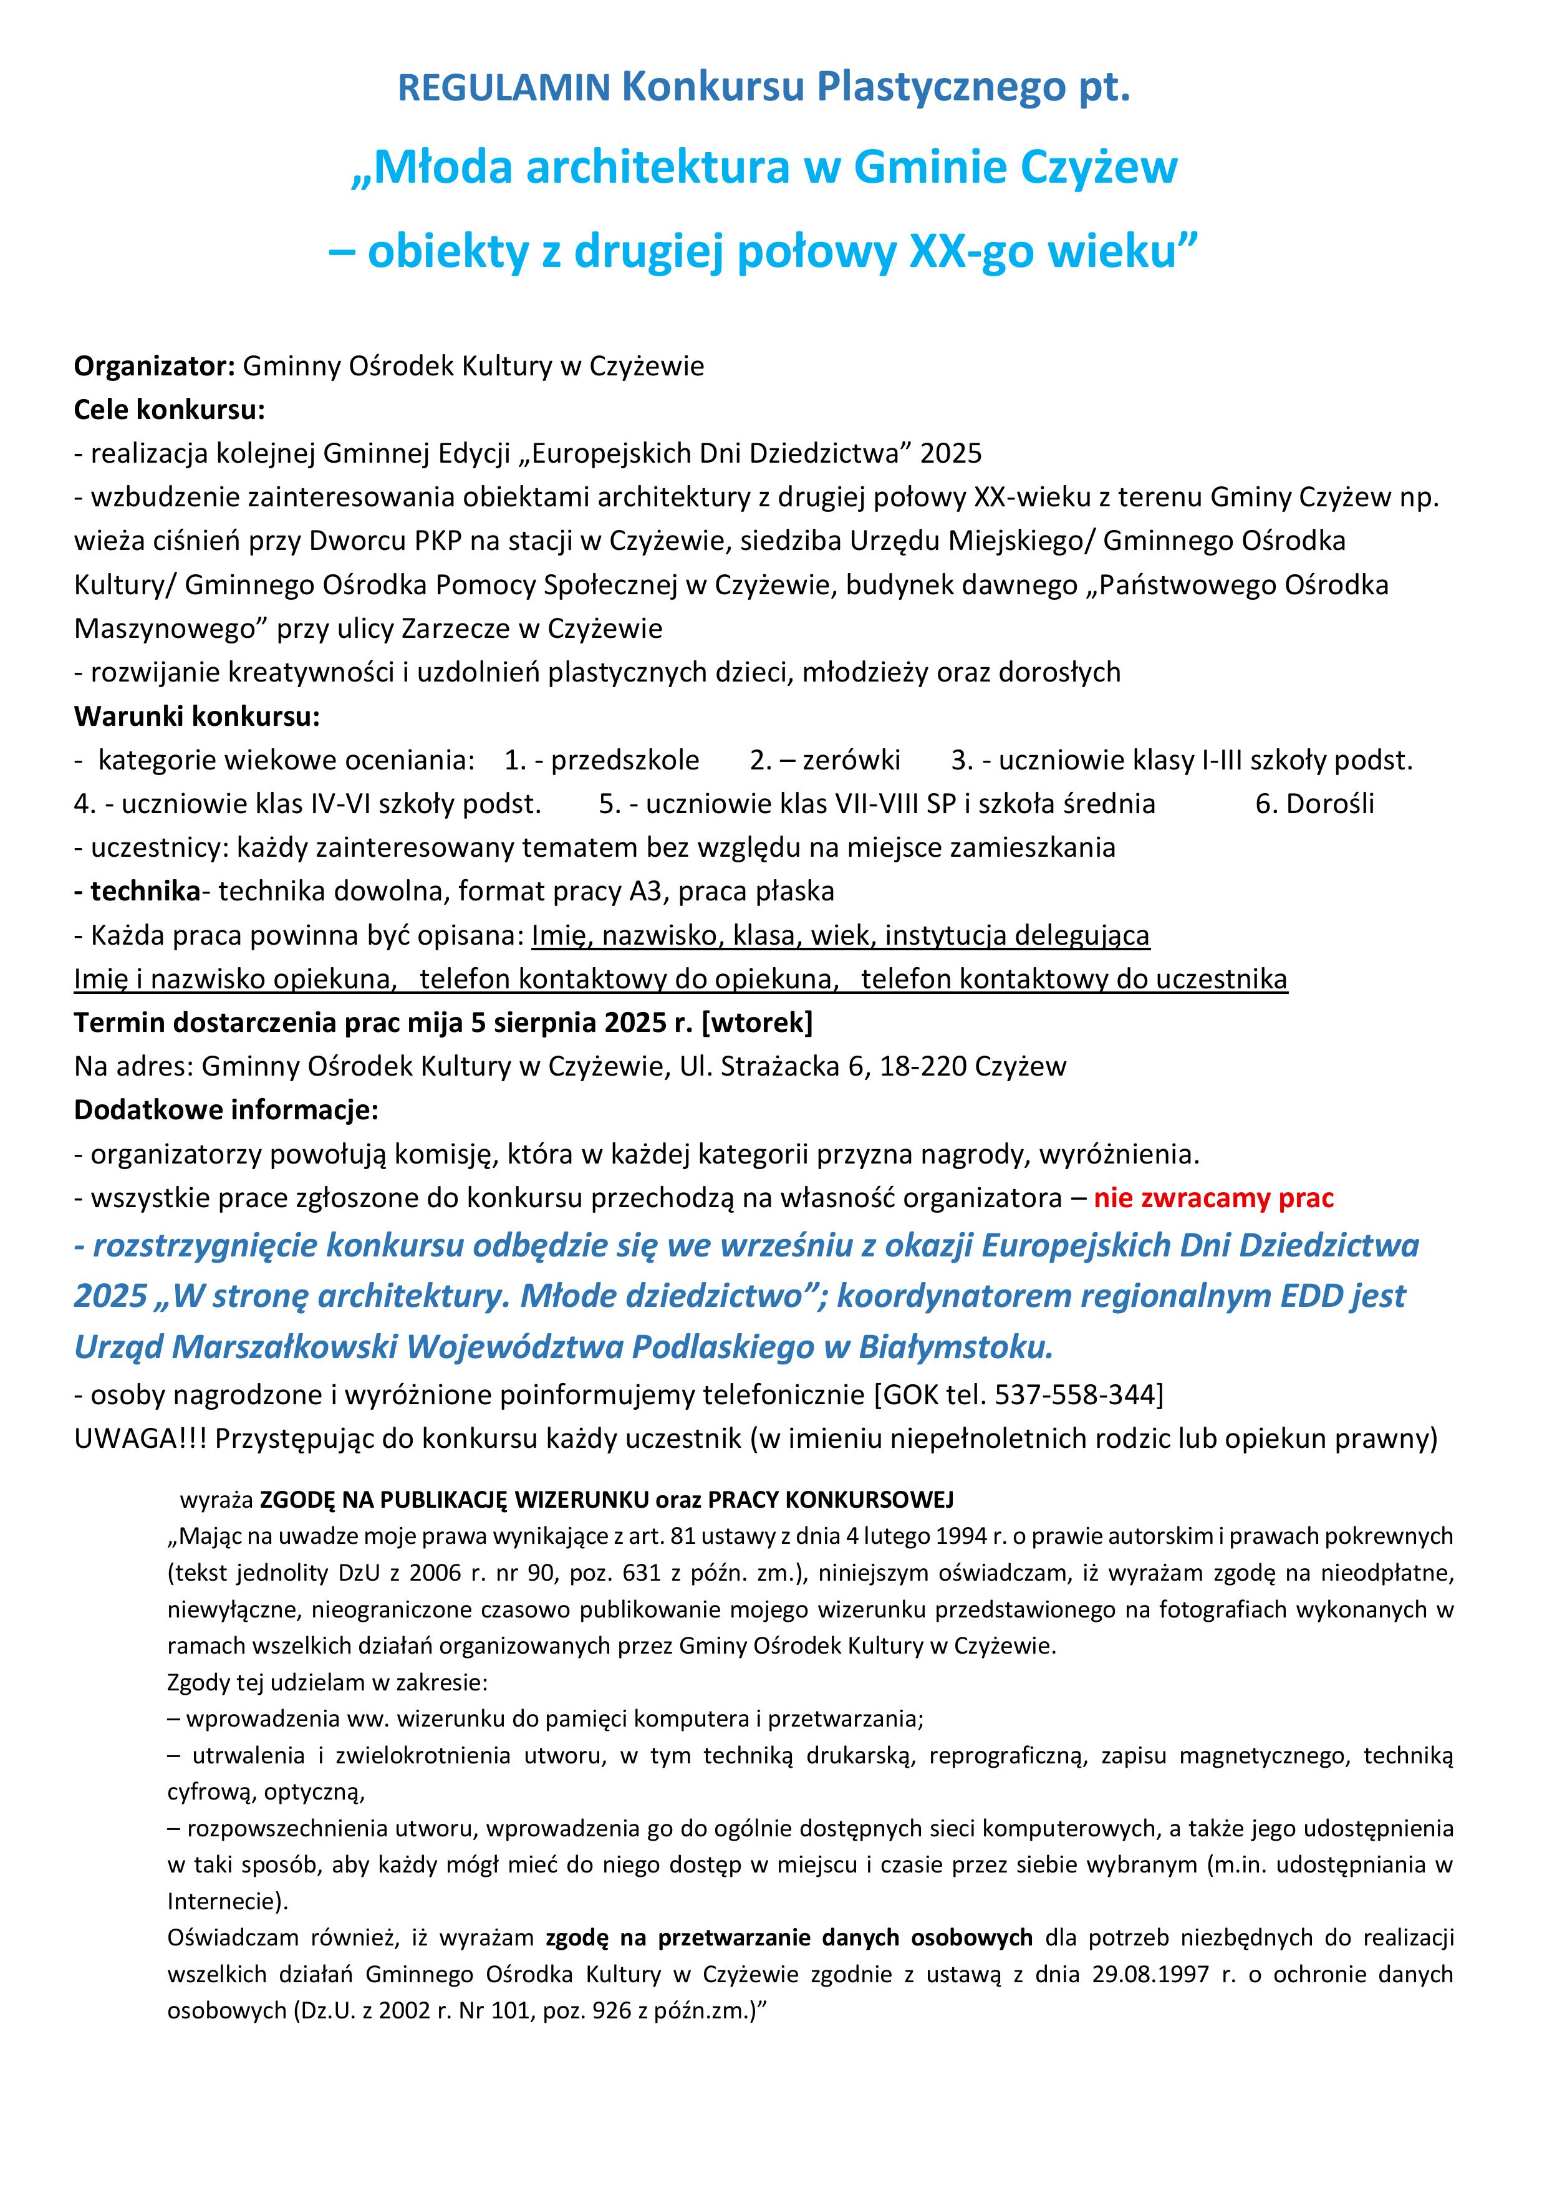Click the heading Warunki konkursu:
(x=196, y=716)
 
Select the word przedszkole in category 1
(x=625, y=761)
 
